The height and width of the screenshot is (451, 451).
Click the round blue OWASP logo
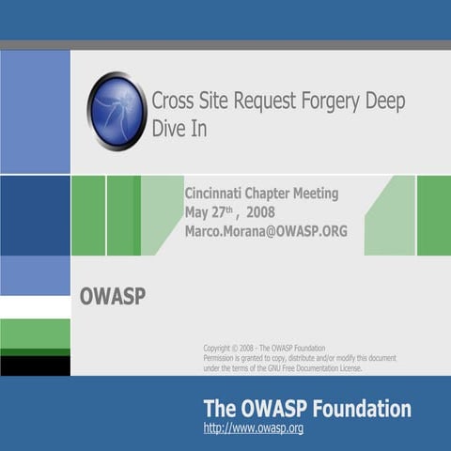pos(116,111)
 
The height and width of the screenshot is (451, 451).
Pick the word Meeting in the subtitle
pos(313,194)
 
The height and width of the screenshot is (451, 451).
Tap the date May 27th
pos(208,212)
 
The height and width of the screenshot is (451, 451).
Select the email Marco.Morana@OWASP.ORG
pos(266,231)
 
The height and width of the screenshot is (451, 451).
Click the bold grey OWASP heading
pos(113,298)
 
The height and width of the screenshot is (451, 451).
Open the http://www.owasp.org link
pos(253,429)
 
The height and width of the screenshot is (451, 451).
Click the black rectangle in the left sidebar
pos(35,365)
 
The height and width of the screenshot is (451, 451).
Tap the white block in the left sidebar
pos(35,307)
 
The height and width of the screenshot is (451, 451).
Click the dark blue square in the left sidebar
pos(35,215)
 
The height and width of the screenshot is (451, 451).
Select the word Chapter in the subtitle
pos(271,194)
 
